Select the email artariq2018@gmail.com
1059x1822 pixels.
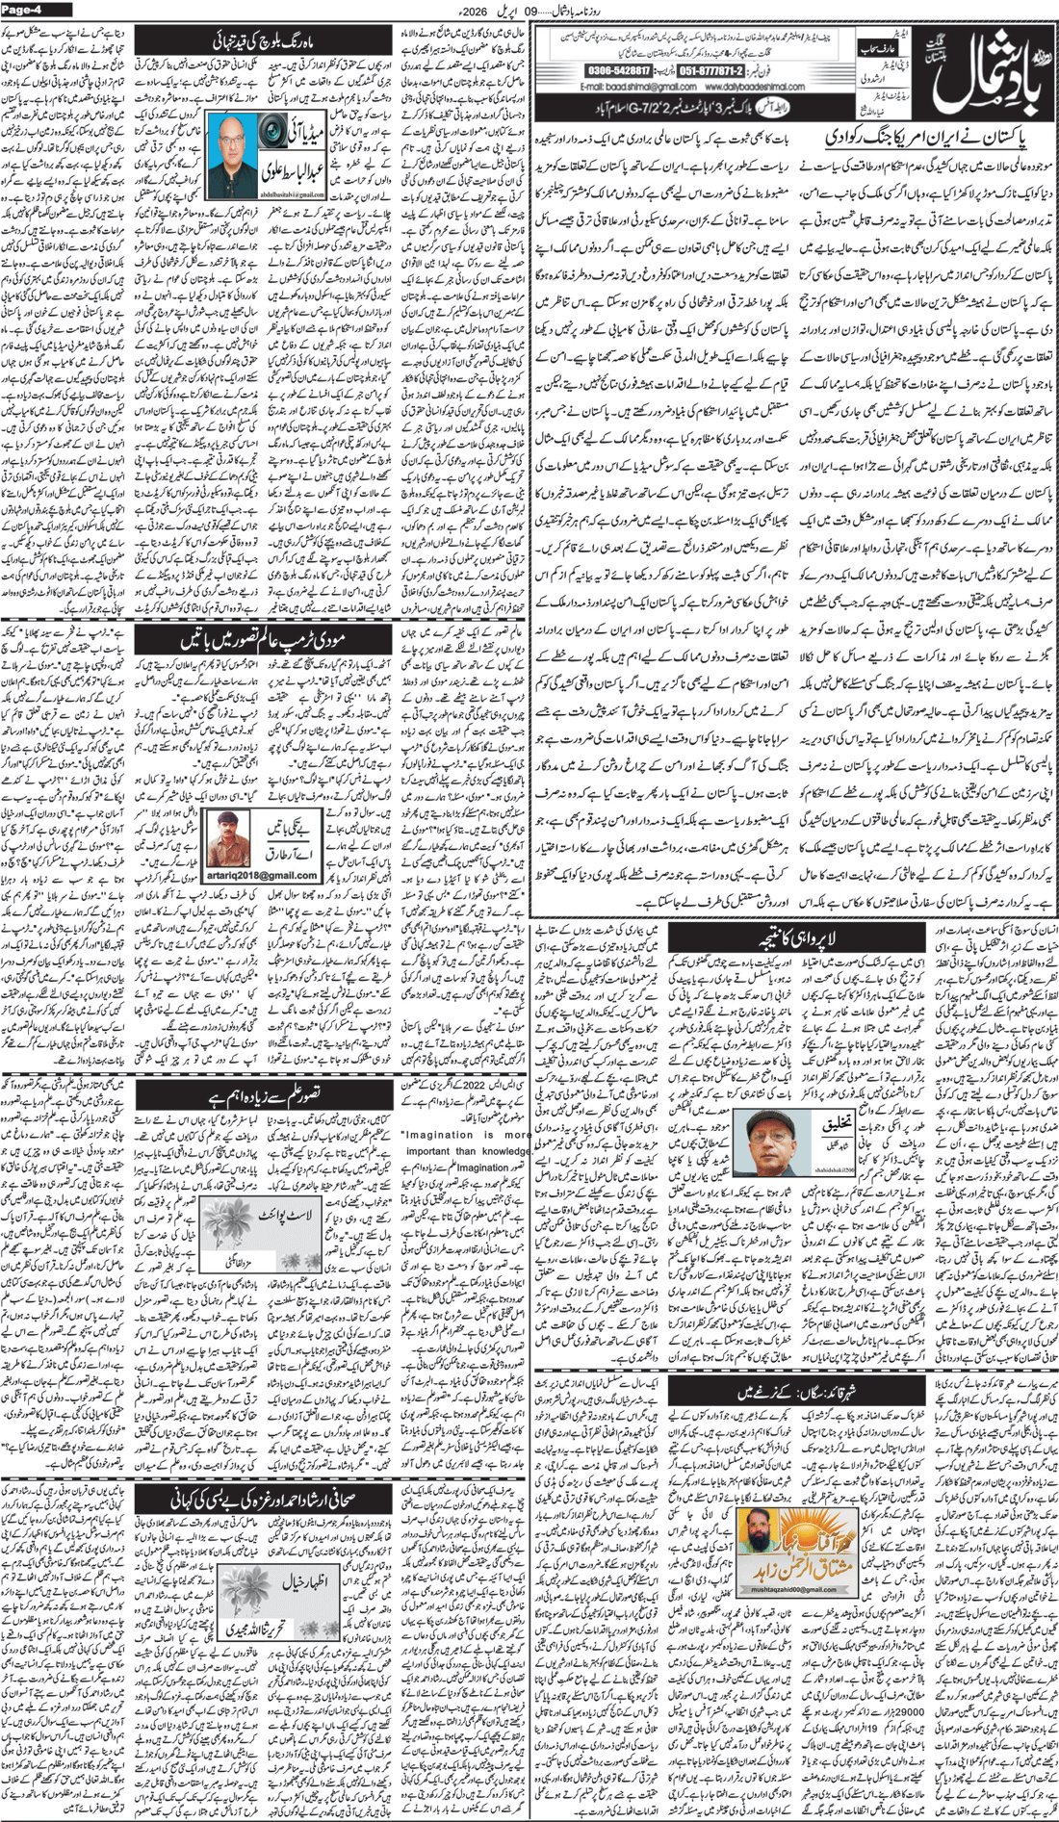pos(262,875)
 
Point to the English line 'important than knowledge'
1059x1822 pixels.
pos(466,1150)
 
